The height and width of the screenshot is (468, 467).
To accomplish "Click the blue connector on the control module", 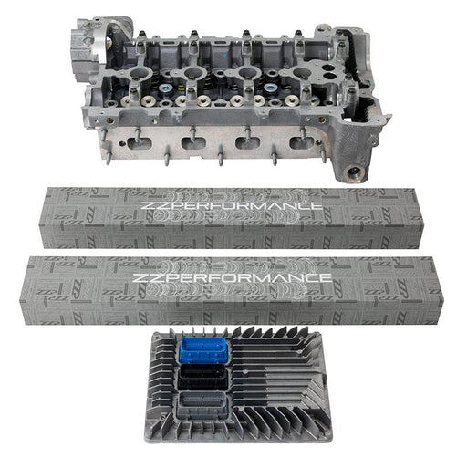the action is tap(203, 351).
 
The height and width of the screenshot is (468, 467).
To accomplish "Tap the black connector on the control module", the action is tap(202, 378).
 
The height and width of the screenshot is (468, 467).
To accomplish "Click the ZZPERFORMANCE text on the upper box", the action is tap(232, 205).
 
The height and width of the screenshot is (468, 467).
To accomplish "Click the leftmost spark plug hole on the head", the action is tap(140, 73).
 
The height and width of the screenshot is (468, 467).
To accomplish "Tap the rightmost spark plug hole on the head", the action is tap(301, 73).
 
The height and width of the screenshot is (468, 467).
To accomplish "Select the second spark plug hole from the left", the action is tap(192, 73).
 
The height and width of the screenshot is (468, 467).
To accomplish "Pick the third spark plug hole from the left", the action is tap(246, 73).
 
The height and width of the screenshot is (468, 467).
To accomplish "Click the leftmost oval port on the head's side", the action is tap(140, 143).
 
